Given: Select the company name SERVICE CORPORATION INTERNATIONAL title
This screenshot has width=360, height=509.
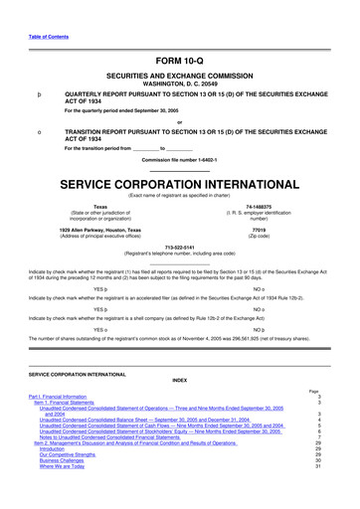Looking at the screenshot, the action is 179,186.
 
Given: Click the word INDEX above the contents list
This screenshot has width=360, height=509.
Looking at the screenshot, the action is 179,408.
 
